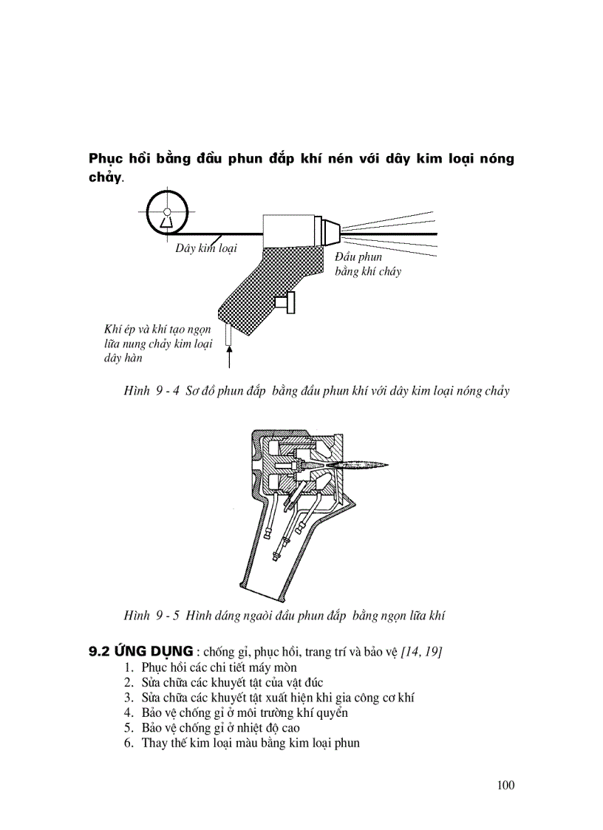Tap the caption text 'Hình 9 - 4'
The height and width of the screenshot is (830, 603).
(151, 391)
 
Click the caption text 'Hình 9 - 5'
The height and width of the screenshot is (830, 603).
(151, 615)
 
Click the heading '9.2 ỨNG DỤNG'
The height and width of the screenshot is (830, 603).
(141, 651)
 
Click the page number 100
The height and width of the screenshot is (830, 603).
(505, 785)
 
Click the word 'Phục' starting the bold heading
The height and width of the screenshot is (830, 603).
(106, 159)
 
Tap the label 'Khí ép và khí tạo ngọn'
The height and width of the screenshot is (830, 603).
(157, 330)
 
